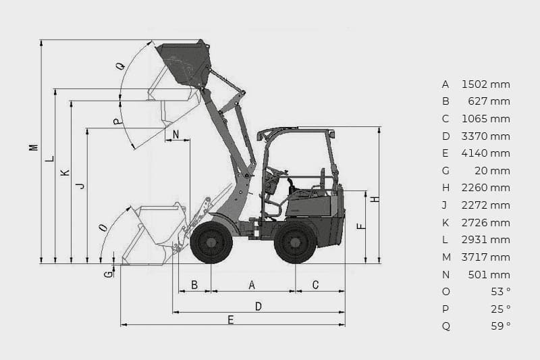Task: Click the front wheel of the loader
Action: [211, 242]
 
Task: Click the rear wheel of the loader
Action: [295, 242]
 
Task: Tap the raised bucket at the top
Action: [184, 64]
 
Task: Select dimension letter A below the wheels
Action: [252, 285]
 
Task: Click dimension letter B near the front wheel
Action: [194, 285]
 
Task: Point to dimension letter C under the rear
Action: [315, 285]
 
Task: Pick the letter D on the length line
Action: [259, 306]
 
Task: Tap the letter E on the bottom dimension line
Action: [231, 320]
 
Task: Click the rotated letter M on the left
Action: [33, 147]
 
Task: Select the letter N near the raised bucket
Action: [175, 134]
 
